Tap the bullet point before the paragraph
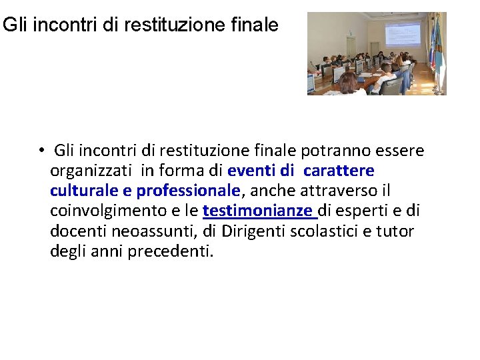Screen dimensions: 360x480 point(41,149)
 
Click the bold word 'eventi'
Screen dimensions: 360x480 point(250,170)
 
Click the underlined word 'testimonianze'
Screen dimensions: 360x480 point(258,211)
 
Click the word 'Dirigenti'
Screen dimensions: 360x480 point(252,232)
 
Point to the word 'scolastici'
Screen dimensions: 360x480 point(327,232)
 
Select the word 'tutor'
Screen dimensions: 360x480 point(395,232)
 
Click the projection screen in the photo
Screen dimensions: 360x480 point(403,33)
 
